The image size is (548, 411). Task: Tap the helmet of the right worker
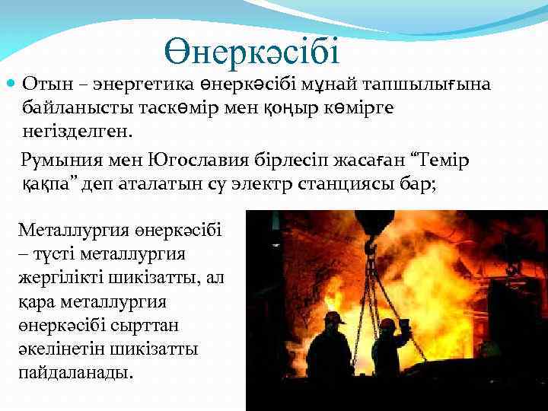(387, 323)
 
